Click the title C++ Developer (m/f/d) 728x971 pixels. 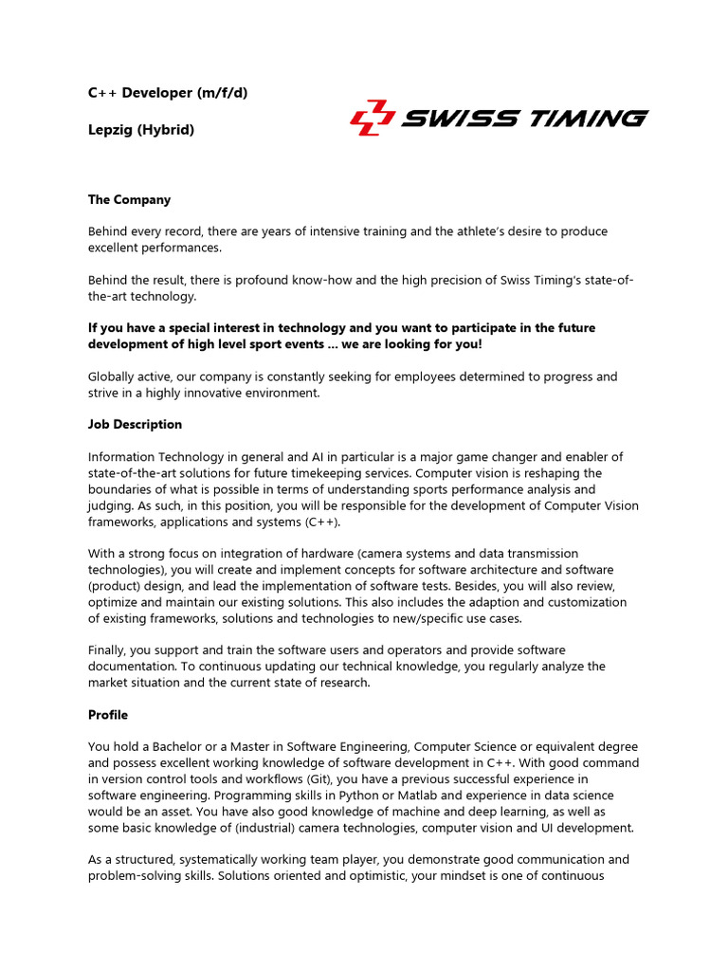[x=168, y=93]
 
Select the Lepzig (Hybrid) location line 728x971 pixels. [x=141, y=130]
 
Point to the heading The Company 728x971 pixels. [x=129, y=200]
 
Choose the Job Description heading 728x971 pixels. [x=135, y=424]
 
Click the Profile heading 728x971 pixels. [x=108, y=714]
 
